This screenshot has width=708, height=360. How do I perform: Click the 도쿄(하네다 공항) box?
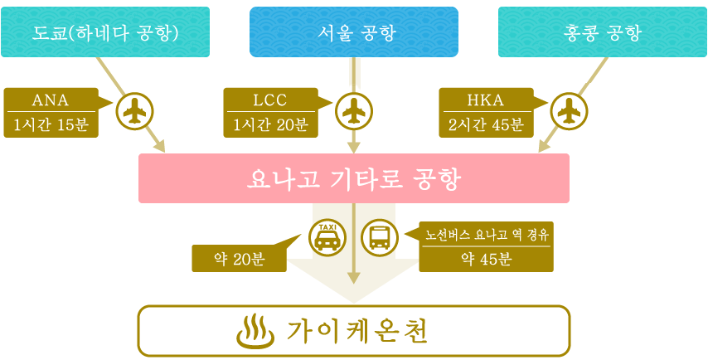(x=105, y=32)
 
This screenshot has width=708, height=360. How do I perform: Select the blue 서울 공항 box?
(x=354, y=32)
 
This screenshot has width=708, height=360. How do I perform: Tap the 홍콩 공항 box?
(x=603, y=32)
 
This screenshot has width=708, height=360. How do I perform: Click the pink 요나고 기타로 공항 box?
(x=353, y=178)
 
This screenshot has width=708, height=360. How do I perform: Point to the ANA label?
(x=51, y=100)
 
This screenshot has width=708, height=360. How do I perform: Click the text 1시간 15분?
(x=51, y=124)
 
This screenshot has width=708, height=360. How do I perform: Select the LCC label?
(x=270, y=100)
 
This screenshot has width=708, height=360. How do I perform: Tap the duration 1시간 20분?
(x=270, y=124)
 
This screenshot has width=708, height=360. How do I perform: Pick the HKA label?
(x=485, y=100)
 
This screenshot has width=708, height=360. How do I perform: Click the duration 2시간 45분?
(x=486, y=124)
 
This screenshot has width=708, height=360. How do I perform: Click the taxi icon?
(x=327, y=237)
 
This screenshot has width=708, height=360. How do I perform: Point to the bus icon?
(x=379, y=237)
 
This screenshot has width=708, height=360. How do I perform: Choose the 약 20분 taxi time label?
(x=240, y=259)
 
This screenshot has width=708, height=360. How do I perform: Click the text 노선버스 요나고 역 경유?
(x=486, y=235)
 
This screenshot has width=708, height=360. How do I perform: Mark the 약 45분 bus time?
(x=486, y=259)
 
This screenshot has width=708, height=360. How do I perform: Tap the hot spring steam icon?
(x=256, y=332)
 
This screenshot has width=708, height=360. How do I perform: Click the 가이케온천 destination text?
(x=356, y=333)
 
